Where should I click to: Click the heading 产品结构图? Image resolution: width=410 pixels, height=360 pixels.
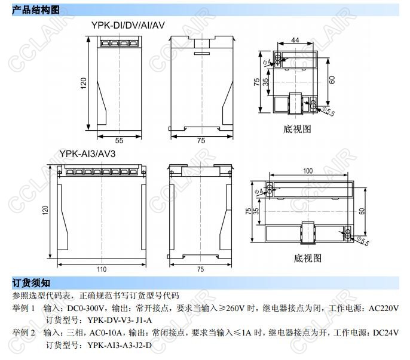36,10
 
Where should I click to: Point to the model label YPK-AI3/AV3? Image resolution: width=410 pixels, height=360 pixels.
87,153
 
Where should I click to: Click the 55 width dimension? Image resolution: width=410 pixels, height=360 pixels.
119,140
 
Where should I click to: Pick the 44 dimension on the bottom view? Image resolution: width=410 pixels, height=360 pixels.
294,40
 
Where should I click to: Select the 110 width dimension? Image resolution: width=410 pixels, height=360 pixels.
102,269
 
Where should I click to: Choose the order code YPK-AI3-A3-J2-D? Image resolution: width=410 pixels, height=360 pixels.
120,345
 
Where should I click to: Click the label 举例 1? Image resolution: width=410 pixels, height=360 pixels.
24,307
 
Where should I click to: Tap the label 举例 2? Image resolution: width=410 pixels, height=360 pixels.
24,333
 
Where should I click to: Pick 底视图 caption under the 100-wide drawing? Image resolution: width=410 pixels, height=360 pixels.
308,259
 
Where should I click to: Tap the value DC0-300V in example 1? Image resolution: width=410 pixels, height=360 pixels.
86,307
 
